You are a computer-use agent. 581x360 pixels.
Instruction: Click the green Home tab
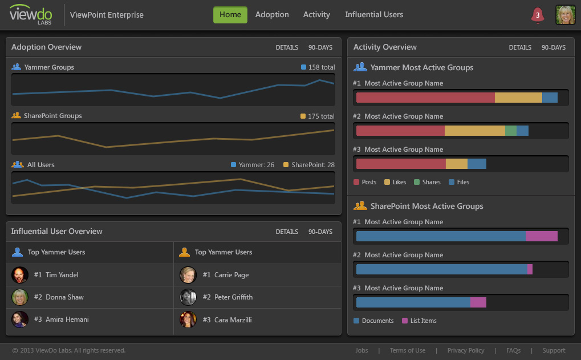tap(230, 15)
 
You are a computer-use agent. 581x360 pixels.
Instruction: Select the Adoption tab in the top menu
tap(272, 15)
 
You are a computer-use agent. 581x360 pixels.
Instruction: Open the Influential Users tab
tap(374, 15)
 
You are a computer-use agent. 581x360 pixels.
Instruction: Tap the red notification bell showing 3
tap(537, 15)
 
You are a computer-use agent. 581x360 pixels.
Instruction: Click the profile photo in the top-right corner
tap(565, 15)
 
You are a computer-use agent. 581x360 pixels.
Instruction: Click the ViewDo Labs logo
tap(31, 15)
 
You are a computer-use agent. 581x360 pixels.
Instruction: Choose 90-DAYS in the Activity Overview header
tap(554, 47)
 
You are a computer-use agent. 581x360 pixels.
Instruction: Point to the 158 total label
tap(318, 67)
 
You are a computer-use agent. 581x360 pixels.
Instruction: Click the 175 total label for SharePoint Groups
tap(318, 116)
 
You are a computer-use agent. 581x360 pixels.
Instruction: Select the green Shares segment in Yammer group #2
tap(511, 131)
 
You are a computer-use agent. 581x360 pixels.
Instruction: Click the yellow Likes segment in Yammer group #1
tap(518, 98)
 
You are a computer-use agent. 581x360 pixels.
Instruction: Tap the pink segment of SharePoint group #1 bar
tap(541, 236)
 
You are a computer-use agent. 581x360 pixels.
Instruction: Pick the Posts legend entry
tap(365, 182)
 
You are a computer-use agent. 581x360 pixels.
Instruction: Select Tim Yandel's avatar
tap(20, 275)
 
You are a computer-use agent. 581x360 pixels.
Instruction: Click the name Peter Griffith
tap(233, 297)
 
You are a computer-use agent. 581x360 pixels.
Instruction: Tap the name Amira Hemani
tap(67, 319)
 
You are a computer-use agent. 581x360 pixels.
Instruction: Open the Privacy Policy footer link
tap(466, 350)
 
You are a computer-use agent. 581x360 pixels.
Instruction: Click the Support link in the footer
tap(554, 350)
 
